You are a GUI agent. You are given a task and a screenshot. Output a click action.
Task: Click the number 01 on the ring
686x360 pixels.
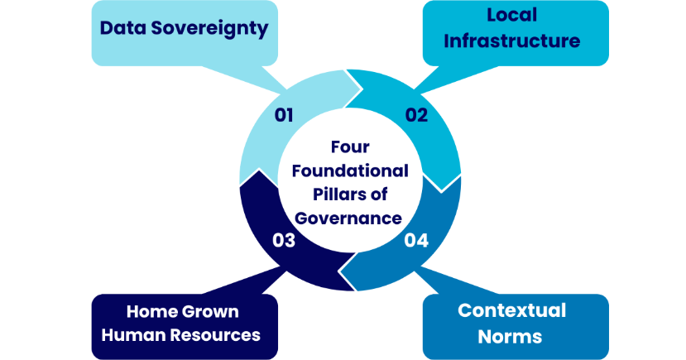pyautogui.click(x=284, y=115)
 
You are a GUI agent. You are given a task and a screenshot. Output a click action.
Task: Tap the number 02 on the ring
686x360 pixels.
pyautogui.click(x=416, y=115)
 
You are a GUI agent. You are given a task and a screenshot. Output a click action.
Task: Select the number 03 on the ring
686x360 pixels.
pyautogui.click(x=285, y=241)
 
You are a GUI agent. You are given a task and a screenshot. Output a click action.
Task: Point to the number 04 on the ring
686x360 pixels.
pyautogui.click(x=416, y=241)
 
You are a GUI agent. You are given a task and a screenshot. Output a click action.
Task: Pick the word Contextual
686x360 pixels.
pyautogui.click(x=512, y=310)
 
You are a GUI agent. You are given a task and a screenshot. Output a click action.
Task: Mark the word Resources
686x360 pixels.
pyautogui.click(x=217, y=335)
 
